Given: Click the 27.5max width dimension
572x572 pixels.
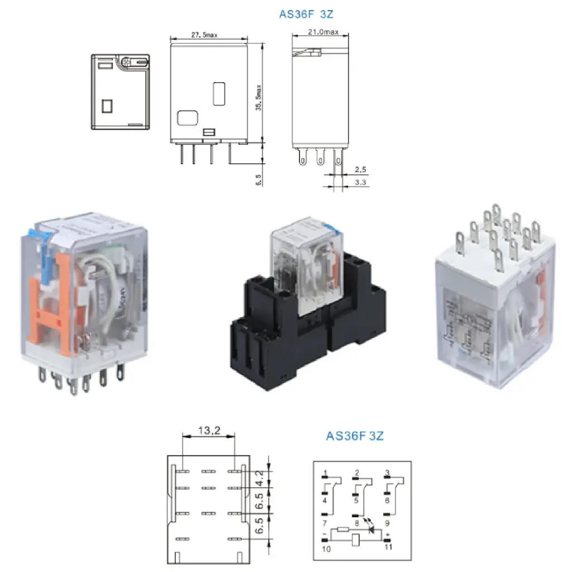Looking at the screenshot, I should (204, 35).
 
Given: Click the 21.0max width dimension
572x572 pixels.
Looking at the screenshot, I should (323, 32).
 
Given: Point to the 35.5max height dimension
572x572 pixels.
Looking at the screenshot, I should (259, 98).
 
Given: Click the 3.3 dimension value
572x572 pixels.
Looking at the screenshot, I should (361, 182).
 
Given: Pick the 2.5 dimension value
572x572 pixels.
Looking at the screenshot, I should (361, 169).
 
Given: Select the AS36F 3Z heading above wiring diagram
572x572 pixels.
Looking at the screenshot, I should (355, 436).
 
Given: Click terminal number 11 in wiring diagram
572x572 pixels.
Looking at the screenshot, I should (388, 546).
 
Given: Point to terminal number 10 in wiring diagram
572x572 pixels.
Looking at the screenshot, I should (326, 549).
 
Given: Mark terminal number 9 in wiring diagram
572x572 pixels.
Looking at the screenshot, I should (388, 523).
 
